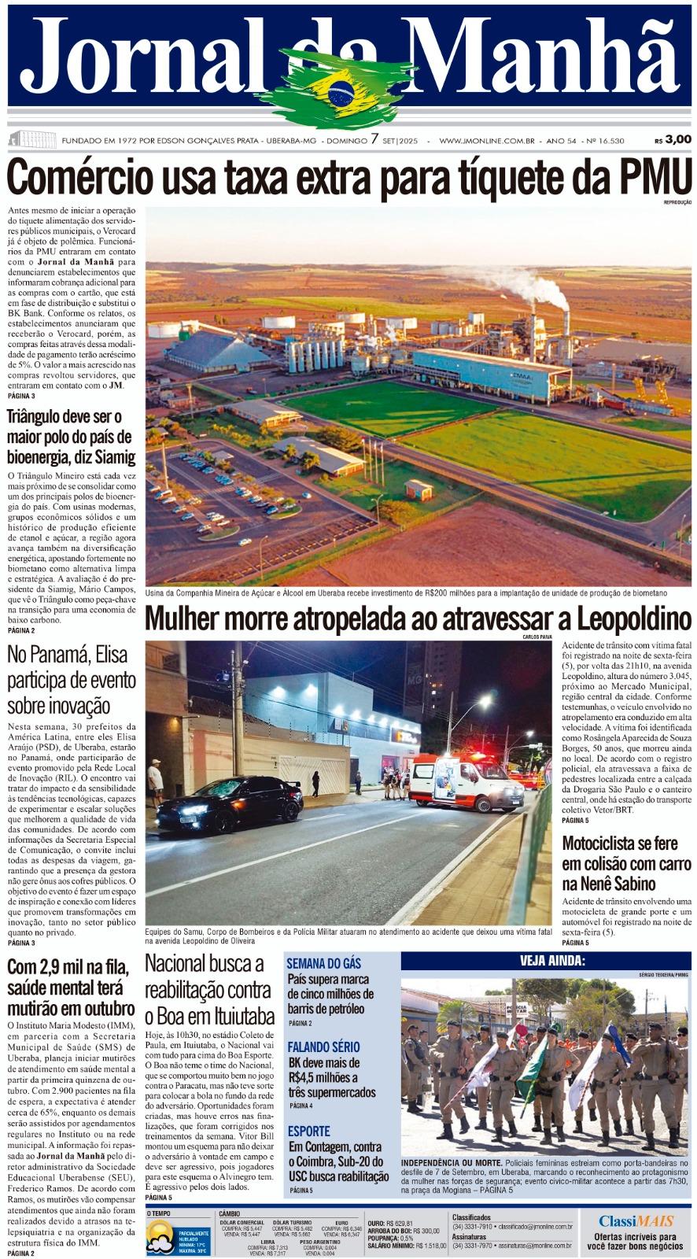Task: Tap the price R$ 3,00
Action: click(x=673, y=139)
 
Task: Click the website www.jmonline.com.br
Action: click(x=487, y=141)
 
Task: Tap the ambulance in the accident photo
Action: click(x=467, y=781)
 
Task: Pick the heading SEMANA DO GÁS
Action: click(x=323, y=963)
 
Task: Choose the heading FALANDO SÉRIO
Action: click(x=323, y=1047)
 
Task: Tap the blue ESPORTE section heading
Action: click(x=308, y=1131)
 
